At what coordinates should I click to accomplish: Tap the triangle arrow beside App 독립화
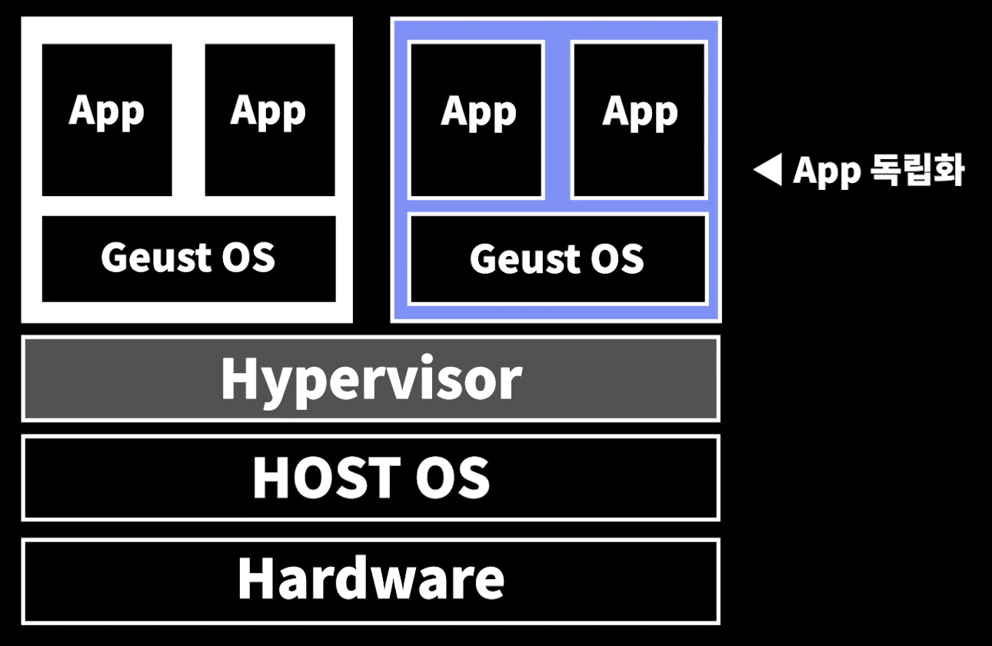[x=767, y=170]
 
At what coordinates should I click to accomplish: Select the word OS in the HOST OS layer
[x=452, y=478]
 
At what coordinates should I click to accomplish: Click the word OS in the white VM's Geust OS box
[x=249, y=257]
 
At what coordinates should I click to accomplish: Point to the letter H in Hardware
[x=255, y=579]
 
